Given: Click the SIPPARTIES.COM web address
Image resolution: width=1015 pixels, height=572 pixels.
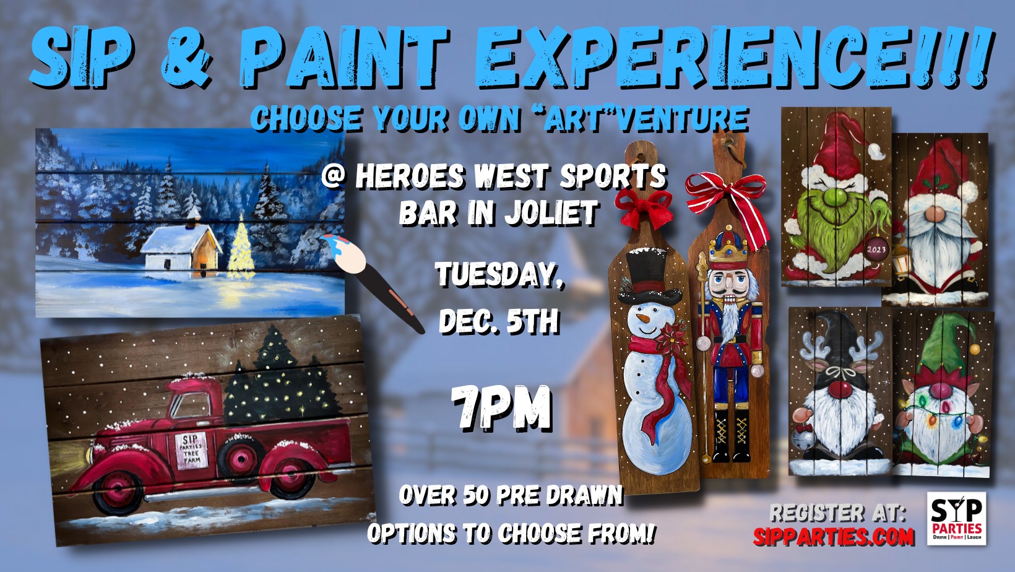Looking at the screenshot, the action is [x=834, y=537].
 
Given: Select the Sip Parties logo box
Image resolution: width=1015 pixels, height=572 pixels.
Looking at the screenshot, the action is [x=956, y=518].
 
